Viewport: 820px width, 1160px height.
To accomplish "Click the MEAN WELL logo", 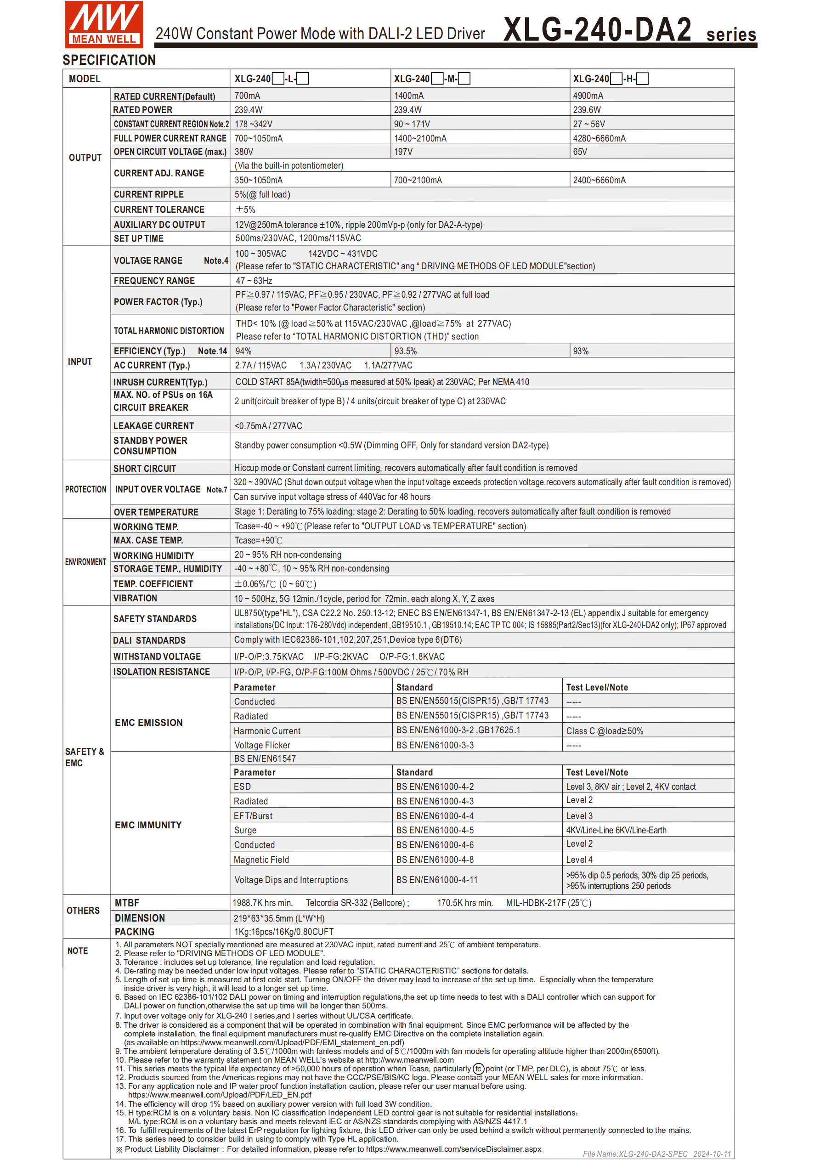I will (x=103, y=24).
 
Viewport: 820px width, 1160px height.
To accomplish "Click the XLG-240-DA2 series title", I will (x=629, y=30).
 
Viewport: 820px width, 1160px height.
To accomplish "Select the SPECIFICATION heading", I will (x=109, y=60).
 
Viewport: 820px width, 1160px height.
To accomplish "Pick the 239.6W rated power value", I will (x=587, y=110).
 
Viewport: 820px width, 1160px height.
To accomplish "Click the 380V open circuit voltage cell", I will (x=243, y=152).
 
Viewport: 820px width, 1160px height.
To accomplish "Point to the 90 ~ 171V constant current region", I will (x=412, y=124).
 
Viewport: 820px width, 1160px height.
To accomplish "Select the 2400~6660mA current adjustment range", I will (x=599, y=180).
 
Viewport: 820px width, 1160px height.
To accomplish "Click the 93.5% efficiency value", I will (x=405, y=351).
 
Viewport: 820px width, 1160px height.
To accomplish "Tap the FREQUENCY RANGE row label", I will (x=154, y=280).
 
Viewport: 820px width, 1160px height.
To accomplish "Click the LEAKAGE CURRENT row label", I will (x=153, y=426).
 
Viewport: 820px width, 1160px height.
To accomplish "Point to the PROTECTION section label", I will (x=85, y=489).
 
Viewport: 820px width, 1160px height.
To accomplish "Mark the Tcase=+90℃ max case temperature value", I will (x=258, y=541).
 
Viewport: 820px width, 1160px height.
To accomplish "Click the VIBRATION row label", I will (x=135, y=598).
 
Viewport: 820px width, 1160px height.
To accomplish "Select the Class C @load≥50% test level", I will (x=604, y=730).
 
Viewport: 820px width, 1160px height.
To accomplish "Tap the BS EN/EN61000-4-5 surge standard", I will (x=435, y=830).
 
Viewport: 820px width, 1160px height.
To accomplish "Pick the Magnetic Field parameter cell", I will (x=261, y=860).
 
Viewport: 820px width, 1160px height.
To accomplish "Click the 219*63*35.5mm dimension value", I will (x=279, y=918).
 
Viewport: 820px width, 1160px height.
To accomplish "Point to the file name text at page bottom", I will (x=656, y=1154).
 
